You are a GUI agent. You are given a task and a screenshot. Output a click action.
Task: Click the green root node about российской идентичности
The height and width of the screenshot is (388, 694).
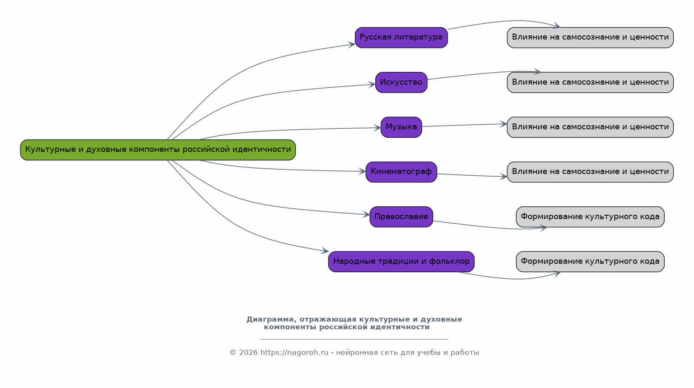click(158, 150)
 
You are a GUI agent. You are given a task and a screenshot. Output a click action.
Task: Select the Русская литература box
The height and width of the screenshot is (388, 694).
click(401, 37)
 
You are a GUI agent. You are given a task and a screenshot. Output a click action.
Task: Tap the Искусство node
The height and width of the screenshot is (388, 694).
click(401, 82)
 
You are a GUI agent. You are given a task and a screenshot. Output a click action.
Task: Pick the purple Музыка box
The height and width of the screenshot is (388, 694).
click(401, 127)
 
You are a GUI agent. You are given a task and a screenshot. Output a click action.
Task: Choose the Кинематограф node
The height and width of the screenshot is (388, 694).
click(401, 172)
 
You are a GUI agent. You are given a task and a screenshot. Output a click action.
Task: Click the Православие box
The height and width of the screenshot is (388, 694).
click(401, 217)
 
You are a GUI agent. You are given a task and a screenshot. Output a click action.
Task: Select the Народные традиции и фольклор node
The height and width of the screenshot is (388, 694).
click(401, 262)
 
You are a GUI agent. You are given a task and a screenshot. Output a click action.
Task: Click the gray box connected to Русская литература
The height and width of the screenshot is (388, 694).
click(590, 37)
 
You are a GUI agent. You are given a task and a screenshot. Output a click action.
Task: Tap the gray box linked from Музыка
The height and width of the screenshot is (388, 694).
click(590, 127)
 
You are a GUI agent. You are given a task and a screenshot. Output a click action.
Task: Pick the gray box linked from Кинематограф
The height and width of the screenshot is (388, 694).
click(590, 172)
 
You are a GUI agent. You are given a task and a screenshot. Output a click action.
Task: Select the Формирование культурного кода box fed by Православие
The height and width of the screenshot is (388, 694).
click(590, 217)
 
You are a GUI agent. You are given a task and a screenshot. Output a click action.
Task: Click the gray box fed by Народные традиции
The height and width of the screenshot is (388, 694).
click(590, 262)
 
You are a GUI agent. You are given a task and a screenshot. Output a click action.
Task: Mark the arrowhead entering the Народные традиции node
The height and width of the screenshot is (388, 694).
click(326, 251)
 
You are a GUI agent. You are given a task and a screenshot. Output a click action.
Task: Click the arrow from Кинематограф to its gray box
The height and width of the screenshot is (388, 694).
click(472, 175)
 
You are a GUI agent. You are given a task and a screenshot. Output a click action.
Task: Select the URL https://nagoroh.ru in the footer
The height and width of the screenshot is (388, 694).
click(294, 353)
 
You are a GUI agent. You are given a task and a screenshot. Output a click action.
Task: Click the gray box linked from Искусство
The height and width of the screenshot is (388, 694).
click(590, 82)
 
